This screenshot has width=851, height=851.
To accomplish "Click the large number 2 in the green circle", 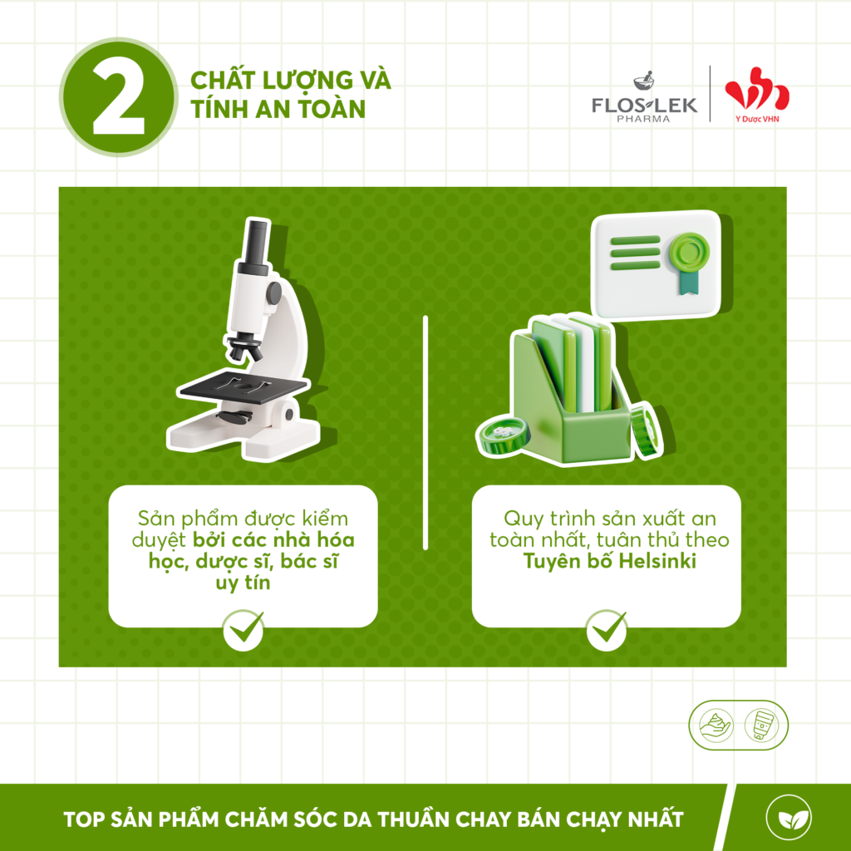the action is (118, 98).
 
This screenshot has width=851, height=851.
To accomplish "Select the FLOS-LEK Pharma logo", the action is (644, 97).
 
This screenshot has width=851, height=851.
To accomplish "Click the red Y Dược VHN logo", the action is (757, 95).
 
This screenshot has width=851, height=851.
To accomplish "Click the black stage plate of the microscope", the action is (244, 386).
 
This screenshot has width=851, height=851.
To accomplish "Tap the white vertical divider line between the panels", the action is (425, 432).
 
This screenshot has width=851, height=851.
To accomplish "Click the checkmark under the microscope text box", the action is (243, 630).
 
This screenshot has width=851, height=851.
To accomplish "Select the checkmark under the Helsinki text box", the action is (607, 630).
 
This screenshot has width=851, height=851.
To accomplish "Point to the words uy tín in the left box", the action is (243, 583).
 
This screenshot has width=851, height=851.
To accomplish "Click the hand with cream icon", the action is (716, 726).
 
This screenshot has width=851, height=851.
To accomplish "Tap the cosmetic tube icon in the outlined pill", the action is (761, 726).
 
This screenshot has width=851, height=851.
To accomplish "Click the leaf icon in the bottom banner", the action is (788, 818).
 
